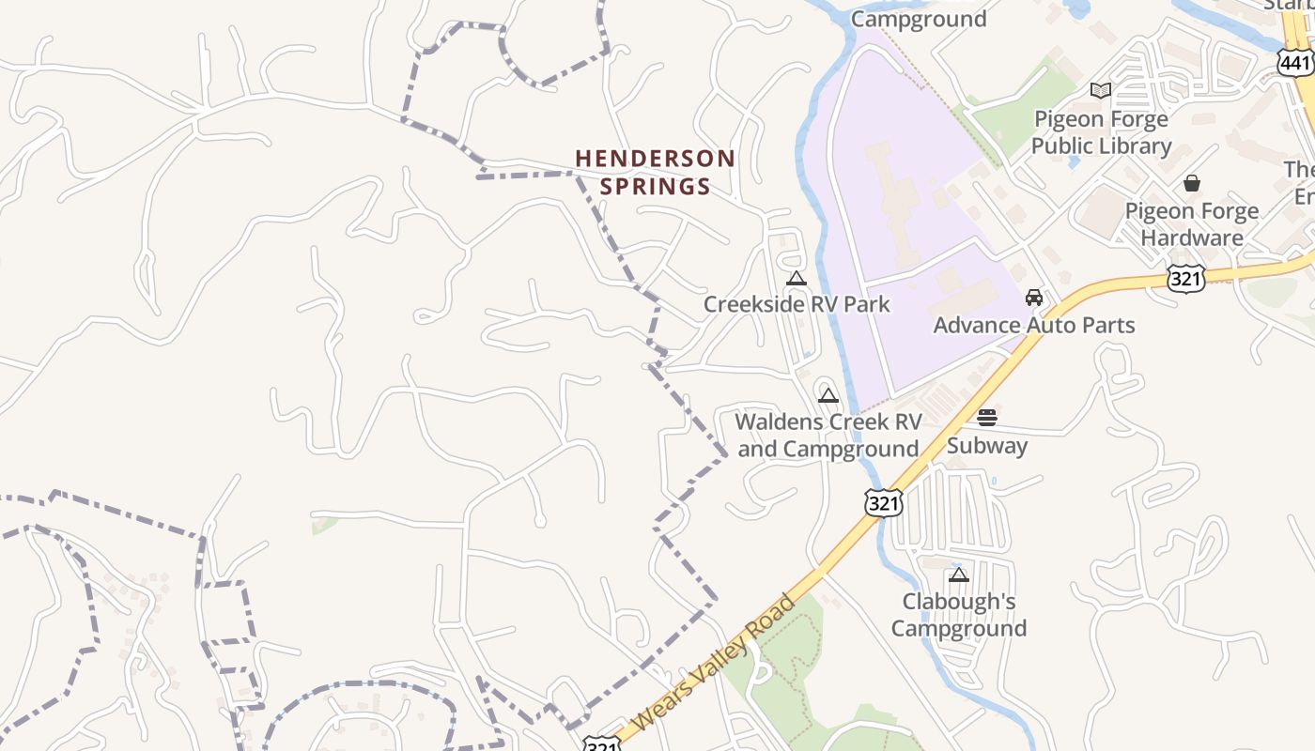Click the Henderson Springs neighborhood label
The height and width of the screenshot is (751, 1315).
tap(655, 172)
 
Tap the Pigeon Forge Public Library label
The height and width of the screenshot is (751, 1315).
tap(1101, 132)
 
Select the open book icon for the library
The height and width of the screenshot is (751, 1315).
tap(1101, 90)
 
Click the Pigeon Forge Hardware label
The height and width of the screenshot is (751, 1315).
tap(1191, 224)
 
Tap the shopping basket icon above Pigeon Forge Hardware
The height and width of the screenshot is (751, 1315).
tap(1192, 182)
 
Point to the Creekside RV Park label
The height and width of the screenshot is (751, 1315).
tap(797, 304)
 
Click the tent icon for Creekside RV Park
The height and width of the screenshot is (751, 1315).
tap(797, 278)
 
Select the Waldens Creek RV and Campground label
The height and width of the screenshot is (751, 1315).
tap(828, 436)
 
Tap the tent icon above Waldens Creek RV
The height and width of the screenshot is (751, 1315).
tap(828, 395)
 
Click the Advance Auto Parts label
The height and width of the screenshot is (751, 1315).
tap(1034, 325)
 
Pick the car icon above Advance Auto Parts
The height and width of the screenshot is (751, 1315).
tap(1034, 298)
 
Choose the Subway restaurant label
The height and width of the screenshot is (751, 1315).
tap(986, 445)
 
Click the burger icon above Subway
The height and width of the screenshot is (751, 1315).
tap(986, 418)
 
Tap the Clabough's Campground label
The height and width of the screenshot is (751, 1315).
tap(958, 614)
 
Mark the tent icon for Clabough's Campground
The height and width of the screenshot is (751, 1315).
tap(958, 575)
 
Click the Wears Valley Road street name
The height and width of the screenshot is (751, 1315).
tap(714, 662)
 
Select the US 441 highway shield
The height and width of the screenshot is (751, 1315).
tap(1295, 63)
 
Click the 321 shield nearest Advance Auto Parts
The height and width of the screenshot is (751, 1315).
tap(1186, 279)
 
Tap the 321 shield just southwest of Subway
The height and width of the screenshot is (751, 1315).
tap(883, 502)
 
